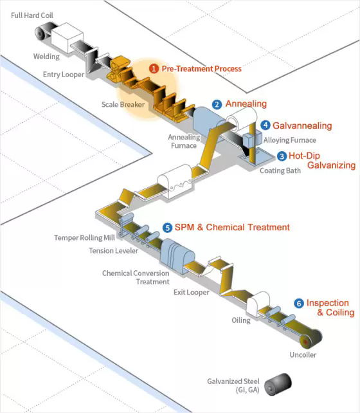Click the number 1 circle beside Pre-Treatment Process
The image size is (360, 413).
154,69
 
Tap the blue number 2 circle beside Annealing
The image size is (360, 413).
217,105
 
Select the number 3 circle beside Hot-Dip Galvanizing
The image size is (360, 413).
282,156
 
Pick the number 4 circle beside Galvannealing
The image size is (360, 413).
265,125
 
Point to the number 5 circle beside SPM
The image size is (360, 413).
167,228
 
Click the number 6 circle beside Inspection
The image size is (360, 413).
299,304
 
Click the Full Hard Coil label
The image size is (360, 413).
32,15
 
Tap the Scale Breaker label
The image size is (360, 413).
123,105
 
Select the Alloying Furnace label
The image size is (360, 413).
290,140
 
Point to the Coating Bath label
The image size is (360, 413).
280,170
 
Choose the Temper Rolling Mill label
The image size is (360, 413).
84,238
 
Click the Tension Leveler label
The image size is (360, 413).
113,251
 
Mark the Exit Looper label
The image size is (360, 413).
192,292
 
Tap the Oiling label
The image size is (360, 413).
241,320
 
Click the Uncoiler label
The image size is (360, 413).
303,355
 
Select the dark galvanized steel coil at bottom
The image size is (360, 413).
278,384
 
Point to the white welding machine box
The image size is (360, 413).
67,37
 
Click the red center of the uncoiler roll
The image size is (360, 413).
305,342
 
